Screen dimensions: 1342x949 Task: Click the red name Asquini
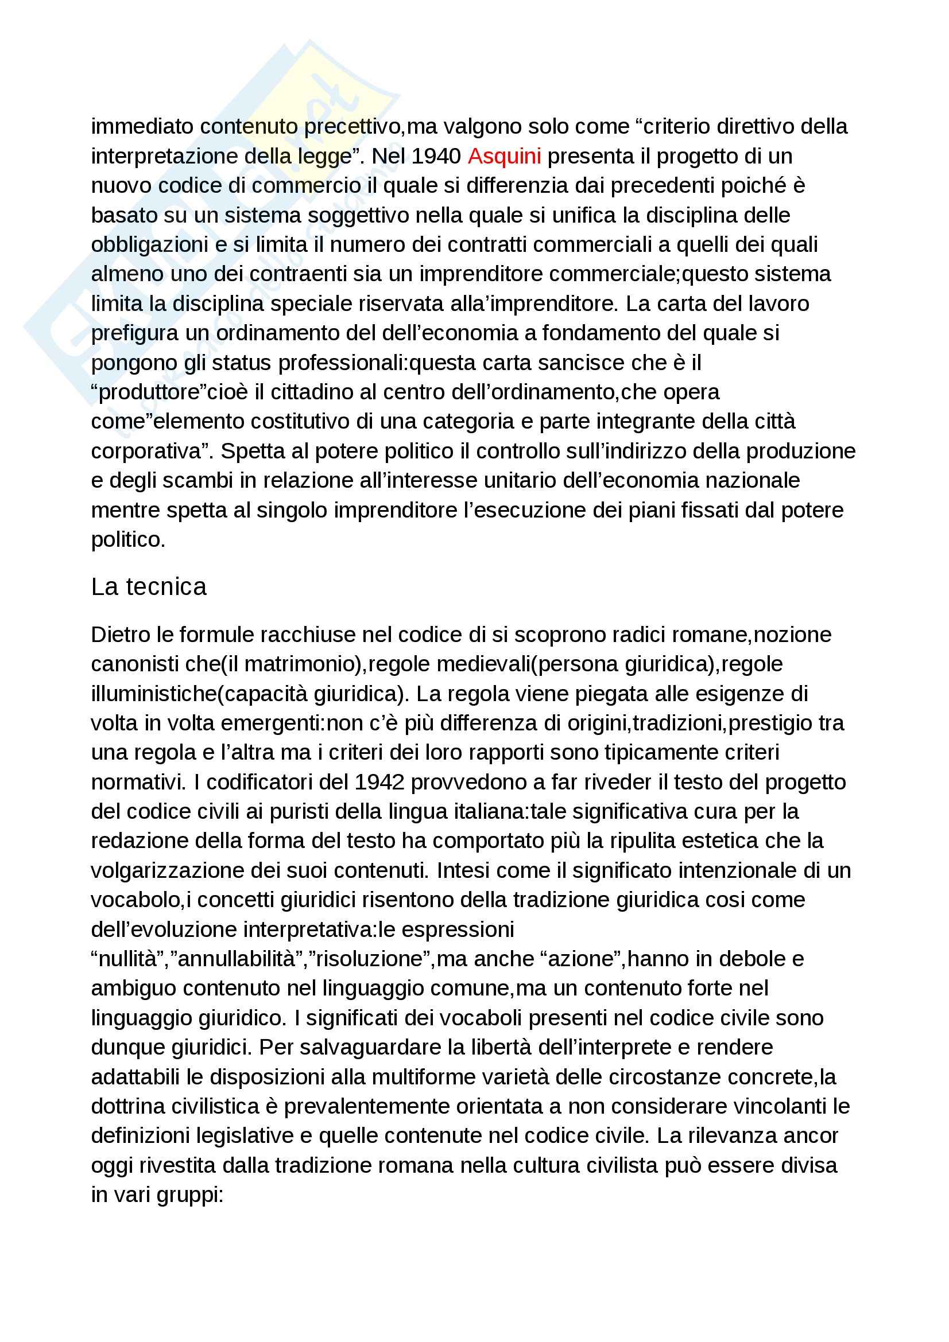point(504,156)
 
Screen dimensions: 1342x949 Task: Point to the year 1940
point(436,156)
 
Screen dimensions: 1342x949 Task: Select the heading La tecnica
point(149,587)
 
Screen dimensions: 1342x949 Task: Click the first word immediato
point(142,126)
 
